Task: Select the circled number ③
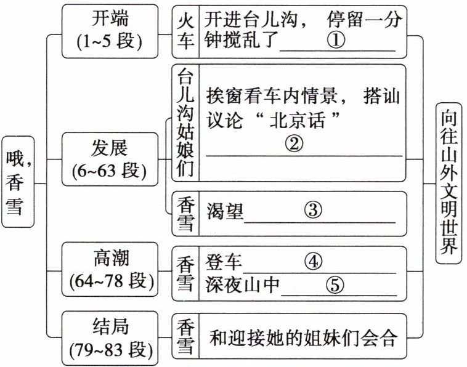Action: pos(313,211)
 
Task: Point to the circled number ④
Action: pos(314,262)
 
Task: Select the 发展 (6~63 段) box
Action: pos(110,159)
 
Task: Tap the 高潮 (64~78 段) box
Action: pos(110,269)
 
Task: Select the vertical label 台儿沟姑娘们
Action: pos(184,123)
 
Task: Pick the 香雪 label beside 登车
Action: pos(185,273)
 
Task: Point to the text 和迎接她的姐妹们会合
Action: pos(301,337)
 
